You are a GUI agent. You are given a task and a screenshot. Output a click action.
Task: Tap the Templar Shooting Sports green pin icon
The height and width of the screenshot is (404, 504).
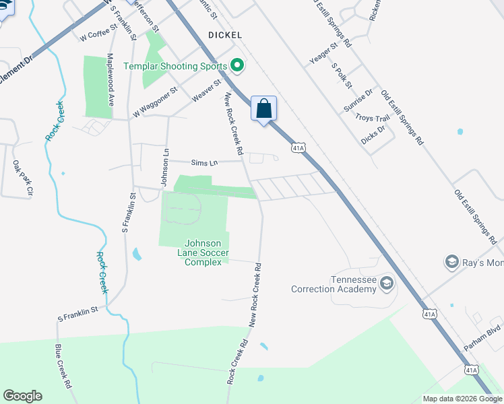click(237, 65)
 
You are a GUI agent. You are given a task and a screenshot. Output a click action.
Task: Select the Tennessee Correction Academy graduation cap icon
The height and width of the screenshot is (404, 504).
click(386, 282)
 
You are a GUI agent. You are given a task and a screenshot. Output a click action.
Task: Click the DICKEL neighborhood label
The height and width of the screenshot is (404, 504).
click(225, 34)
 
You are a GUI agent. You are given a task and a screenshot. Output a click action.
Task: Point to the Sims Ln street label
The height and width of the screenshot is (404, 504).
click(204, 162)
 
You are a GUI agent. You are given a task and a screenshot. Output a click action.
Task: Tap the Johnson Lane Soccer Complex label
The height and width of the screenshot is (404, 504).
click(203, 252)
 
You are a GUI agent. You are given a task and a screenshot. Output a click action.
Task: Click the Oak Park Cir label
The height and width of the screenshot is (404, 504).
click(22, 177)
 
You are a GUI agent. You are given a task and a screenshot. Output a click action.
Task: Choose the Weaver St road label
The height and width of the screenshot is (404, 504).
click(206, 90)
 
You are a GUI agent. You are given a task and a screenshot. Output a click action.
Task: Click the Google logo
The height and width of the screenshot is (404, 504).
click(22, 396)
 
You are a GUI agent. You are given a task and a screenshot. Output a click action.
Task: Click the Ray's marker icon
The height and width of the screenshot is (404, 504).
click(451, 261)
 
